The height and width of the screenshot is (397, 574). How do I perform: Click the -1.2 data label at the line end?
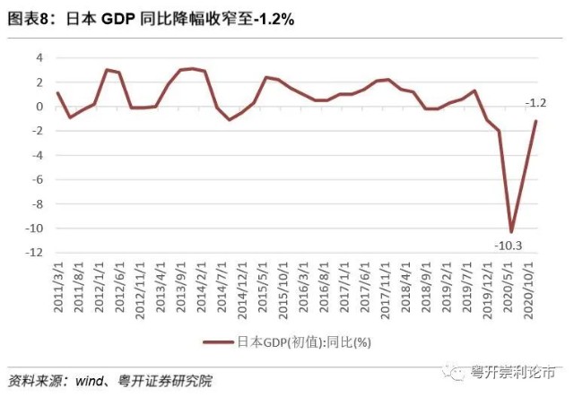click(x=535, y=102)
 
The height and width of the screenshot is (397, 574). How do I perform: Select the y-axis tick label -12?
click(x=35, y=252)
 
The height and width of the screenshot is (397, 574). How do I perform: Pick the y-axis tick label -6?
click(x=37, y=179)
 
